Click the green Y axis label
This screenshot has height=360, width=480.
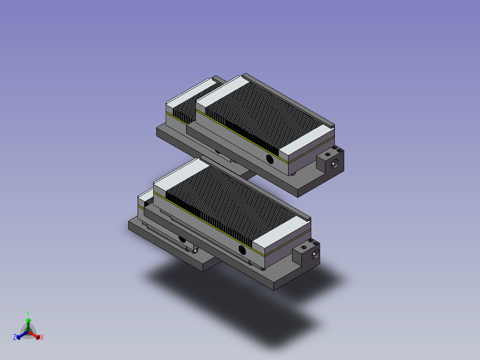pyautogui.click(x=28, y=313)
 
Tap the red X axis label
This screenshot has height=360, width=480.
pyautogui.click(x=42, y=337)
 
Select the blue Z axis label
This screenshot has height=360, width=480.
pyautogui.click(x=15, y=337)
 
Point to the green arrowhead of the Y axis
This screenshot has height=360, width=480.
pyautogui.click(x=28, y=320)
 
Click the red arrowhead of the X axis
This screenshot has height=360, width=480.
pyautogui.click(x=38, y=337)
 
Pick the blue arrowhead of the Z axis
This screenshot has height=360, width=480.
pyautogui.click(x=18, y=337)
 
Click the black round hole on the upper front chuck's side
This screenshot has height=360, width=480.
pyautogui.click(x=269, y=159)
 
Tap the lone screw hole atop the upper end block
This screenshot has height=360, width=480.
pyautogui.click(x=328, y=155)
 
